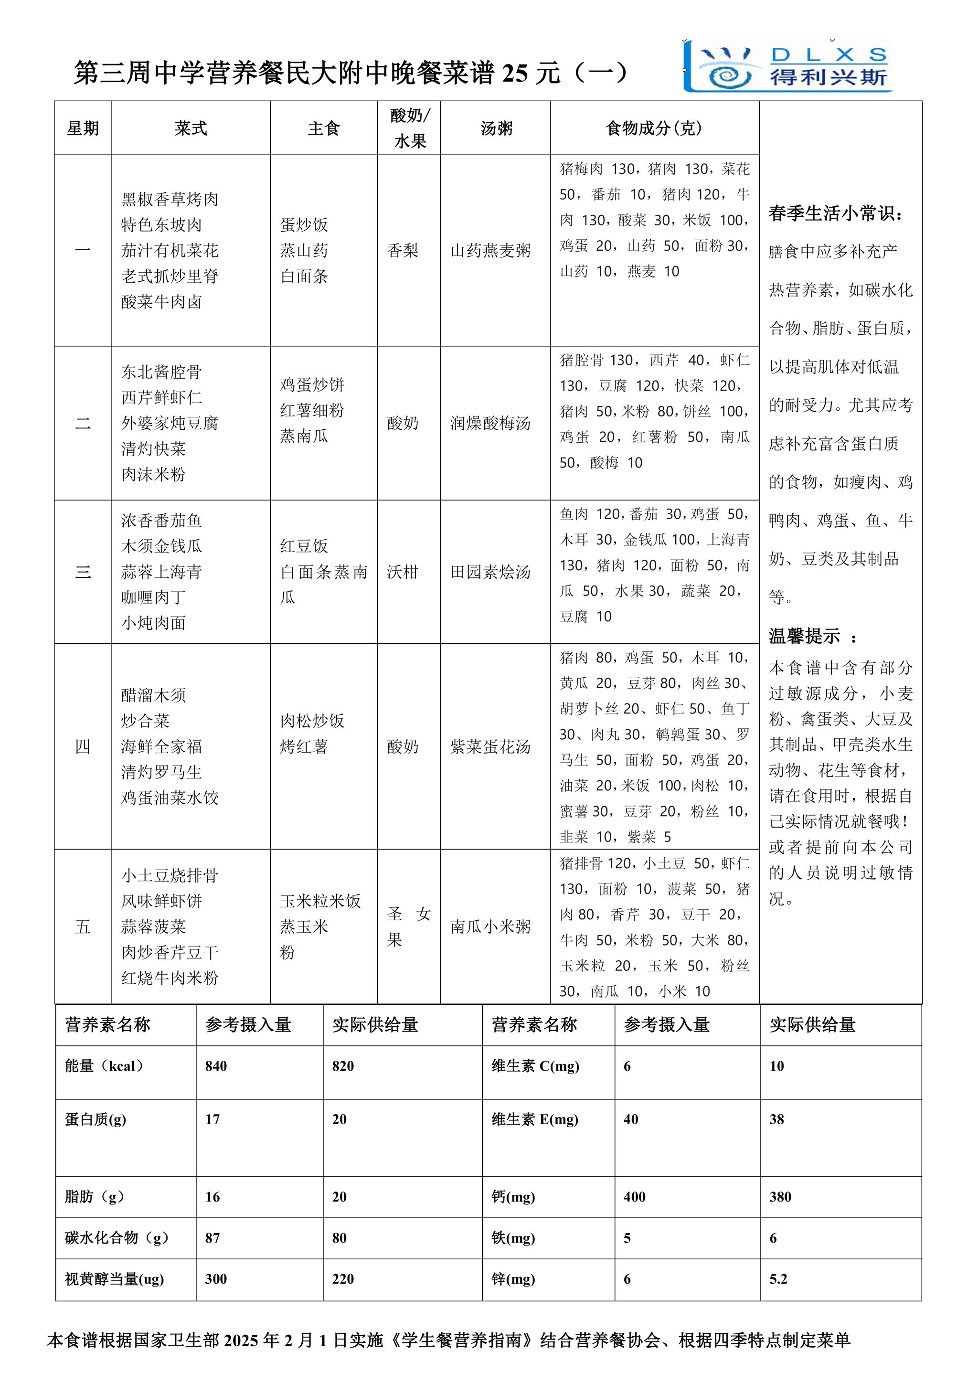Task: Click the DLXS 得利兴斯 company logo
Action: (x=789, y=66)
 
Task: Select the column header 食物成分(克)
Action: (x=654, y=128)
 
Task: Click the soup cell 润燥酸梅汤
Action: (x=490, y=424)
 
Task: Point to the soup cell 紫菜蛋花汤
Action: (x=490, y=747)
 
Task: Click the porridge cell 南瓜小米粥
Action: (x=490, y=926)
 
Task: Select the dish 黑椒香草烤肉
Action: (x=170, y=199)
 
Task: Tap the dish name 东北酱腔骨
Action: (x=161, y=372)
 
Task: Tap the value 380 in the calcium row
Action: (x=780, y=1196)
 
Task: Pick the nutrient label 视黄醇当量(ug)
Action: (x=115, y=1279)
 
